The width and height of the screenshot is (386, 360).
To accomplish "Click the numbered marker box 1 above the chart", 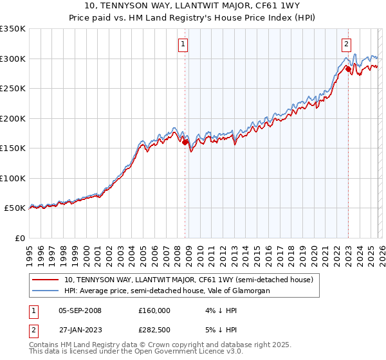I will pyautogui.click(x=183, y=44).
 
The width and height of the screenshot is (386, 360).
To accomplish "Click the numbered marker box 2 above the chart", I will pyautogui.click(x=346, y=44).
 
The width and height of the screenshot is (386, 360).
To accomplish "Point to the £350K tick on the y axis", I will pyautogui.click(x=13, y=29).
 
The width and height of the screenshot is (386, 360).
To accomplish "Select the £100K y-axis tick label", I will pyautogui.click(x=13, y=178).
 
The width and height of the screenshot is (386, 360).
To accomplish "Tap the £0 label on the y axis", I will pyautogui.click(x=19, y=238).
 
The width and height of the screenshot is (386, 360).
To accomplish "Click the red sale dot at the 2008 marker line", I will pyautogui.click(x=185, y=143).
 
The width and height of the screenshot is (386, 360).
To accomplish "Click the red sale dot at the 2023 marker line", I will pyautogui.click(x=348, y=69).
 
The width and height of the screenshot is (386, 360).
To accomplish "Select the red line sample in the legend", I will pyautogui.click(x=44, y=280).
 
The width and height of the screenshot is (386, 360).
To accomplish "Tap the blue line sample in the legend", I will pyautogui.click(x=44, y=291).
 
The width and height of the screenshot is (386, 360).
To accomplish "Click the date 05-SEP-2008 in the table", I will pyautogui.click(x=80, y=310).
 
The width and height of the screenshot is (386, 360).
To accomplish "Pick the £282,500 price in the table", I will pyautogui.click(x=154, y=330).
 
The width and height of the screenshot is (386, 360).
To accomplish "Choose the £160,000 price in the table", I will pyautogui.click(x=154, y=310).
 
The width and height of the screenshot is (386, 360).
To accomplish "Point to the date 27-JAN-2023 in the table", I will pyautogui.click(x=80, y=330).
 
